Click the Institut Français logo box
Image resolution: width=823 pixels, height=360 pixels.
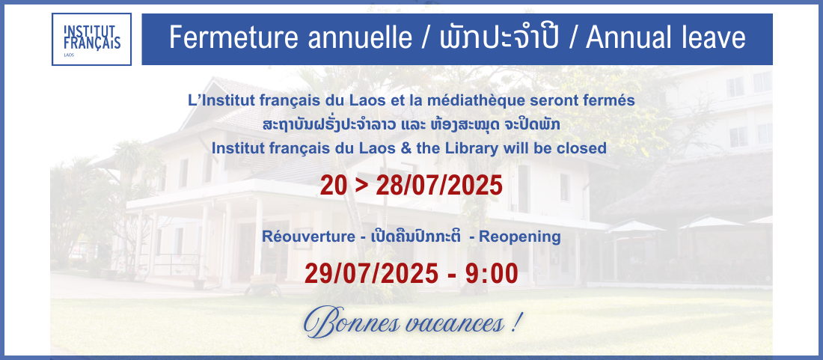pos(91,40)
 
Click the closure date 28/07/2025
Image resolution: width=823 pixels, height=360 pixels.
pos(439,185)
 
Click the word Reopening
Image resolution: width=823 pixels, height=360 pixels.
pos(520,237)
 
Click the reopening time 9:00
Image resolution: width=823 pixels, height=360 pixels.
pos(492,273)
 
